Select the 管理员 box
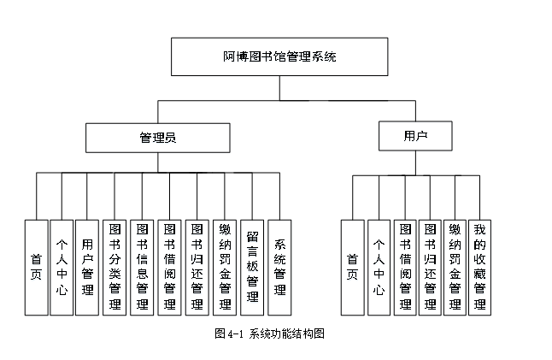click(157, 137)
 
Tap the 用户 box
click(415, 135)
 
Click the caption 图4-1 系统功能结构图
click(269, 334)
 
